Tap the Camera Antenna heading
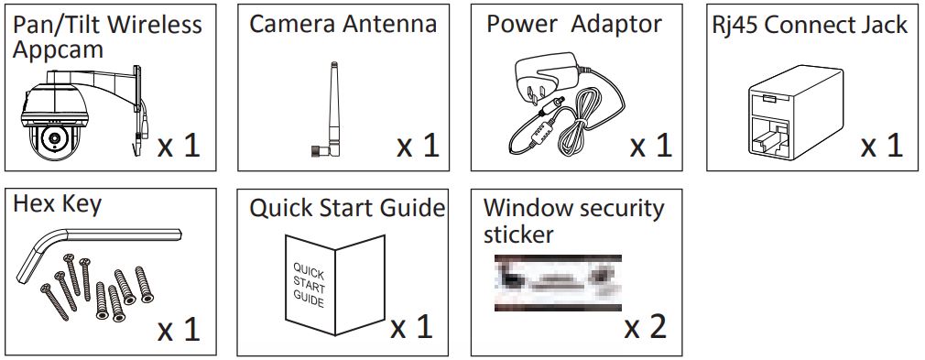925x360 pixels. [343, 24]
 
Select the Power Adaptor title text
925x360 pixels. [573, 24]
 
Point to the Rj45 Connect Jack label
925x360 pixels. [810, 25]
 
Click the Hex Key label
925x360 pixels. [57, 204]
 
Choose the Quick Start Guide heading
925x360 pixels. [347, 207]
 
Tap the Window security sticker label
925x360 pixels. [573, 220]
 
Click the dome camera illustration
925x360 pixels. [57, 128]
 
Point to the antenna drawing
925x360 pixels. [331, 110]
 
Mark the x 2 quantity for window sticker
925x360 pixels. [646, 327]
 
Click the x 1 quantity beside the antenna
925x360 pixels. [418, 145]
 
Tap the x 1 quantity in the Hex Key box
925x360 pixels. [178, 328]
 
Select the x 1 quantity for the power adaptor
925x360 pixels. [650, 145]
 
